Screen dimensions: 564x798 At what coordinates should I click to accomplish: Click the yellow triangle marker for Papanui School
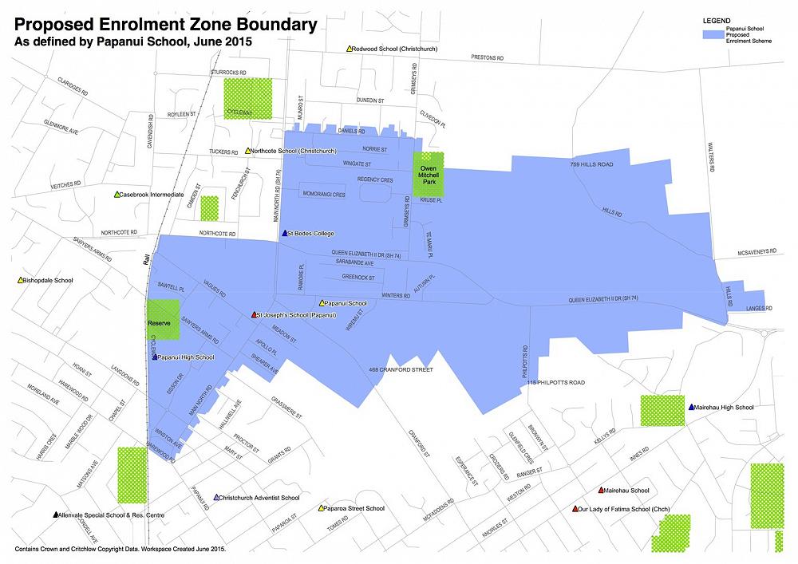322,303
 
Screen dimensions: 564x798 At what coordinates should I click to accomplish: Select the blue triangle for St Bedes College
285,233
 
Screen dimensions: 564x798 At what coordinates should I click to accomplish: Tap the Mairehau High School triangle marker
691,407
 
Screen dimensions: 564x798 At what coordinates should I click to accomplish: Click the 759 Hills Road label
591,164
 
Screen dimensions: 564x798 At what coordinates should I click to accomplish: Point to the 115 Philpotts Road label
556,383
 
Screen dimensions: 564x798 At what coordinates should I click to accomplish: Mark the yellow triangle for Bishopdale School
20,280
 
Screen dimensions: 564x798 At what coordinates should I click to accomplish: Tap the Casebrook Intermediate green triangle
117,195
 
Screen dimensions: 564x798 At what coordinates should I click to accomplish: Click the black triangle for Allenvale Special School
55,515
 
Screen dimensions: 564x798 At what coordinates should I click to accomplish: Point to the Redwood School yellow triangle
350,49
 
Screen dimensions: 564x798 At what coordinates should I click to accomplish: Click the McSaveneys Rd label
763,252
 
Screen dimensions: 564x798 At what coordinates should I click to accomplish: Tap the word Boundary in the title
264,25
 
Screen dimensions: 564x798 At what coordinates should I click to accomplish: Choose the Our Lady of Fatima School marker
575,508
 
